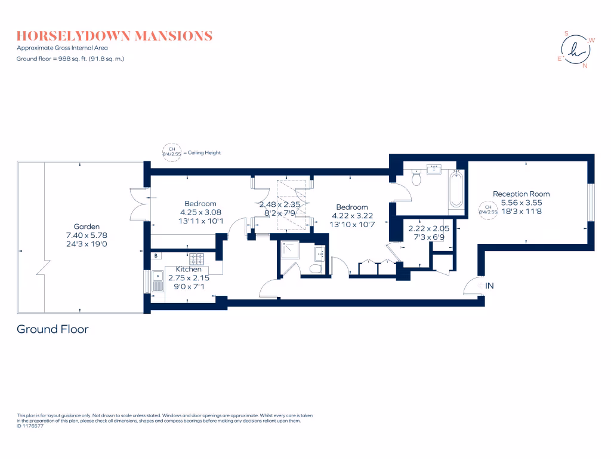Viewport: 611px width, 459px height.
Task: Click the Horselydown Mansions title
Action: pos(115,36)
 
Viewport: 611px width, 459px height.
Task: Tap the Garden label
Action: pos(87,227)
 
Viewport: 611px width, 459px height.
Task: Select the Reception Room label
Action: pos(521,194)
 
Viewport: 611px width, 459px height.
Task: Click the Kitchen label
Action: pos(189,270)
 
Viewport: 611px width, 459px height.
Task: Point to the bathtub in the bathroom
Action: pos(456,189)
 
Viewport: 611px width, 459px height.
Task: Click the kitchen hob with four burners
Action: pos(196,259)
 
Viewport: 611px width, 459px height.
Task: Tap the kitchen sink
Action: pos(158,281)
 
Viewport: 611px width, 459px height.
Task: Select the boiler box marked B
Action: pos(156,256)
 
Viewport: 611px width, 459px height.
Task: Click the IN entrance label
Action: pos(489,286)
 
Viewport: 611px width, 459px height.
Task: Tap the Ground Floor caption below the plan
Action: pos(53,329)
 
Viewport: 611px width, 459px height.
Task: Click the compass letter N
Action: pos(585,66)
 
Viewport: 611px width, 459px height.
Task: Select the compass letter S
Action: pos(567,33)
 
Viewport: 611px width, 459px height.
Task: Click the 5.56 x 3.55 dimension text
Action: pos(521,203)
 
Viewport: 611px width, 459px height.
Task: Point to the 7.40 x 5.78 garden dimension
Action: pos(87,235)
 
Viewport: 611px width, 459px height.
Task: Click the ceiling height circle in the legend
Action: pos(172,152)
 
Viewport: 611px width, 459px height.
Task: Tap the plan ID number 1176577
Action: pos(33,426)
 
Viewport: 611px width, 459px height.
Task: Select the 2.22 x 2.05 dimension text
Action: pos(428,229)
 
